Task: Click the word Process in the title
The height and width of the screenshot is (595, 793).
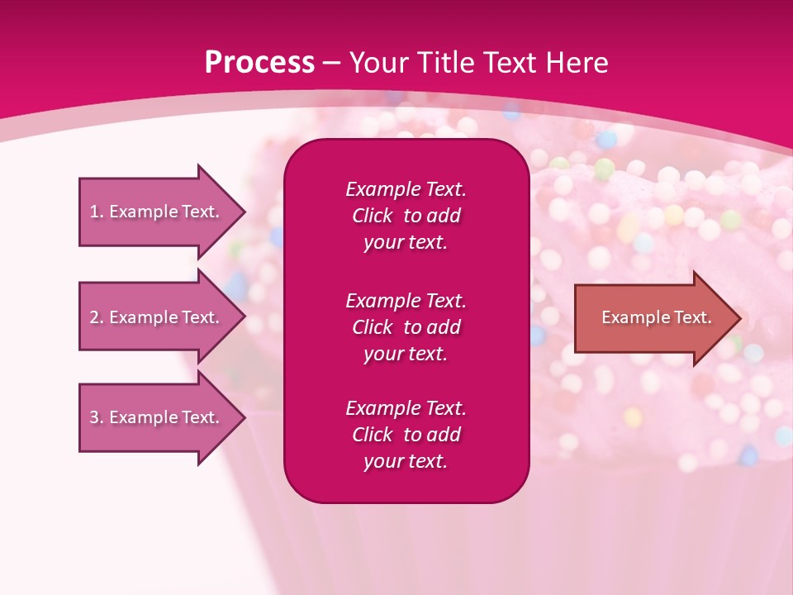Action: (259, 63)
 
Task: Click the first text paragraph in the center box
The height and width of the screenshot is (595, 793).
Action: (406, 216)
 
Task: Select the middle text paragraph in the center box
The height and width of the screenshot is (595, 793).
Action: (406, 327)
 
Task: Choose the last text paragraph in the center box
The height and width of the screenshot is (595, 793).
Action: (406, 435)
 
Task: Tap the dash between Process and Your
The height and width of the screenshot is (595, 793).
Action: (331, 63)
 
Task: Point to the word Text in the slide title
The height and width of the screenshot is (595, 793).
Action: (506, 63)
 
